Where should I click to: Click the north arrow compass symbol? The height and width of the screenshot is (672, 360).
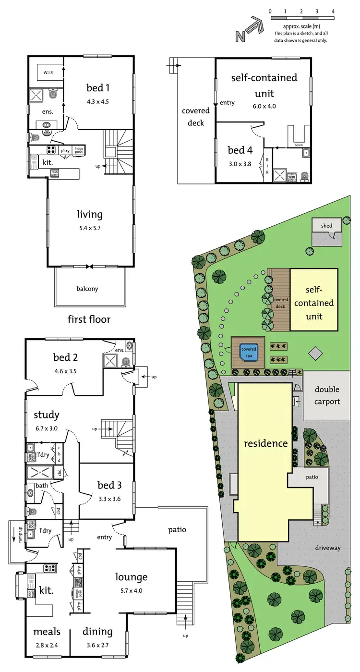(248, 30)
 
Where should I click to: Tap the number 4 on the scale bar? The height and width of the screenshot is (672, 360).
(333, 11)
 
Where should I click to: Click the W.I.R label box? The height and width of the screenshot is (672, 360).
(48, 73)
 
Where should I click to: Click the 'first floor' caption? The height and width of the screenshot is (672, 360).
(89, 319)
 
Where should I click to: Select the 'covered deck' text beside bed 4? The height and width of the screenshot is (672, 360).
(192, 117)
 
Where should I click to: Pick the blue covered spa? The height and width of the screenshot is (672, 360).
(249, 352)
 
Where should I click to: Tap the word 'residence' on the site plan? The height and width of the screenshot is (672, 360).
(265, 443)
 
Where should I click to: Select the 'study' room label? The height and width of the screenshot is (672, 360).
(47, 415)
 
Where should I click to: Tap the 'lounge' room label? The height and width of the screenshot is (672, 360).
(131, 577)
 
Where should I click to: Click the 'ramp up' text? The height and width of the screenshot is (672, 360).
(12, 532)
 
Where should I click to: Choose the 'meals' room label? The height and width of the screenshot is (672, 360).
(45, 632)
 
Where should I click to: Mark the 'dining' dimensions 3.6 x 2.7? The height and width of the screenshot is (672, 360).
(97, 645)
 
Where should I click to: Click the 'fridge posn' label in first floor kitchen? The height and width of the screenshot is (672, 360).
(78, 150)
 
